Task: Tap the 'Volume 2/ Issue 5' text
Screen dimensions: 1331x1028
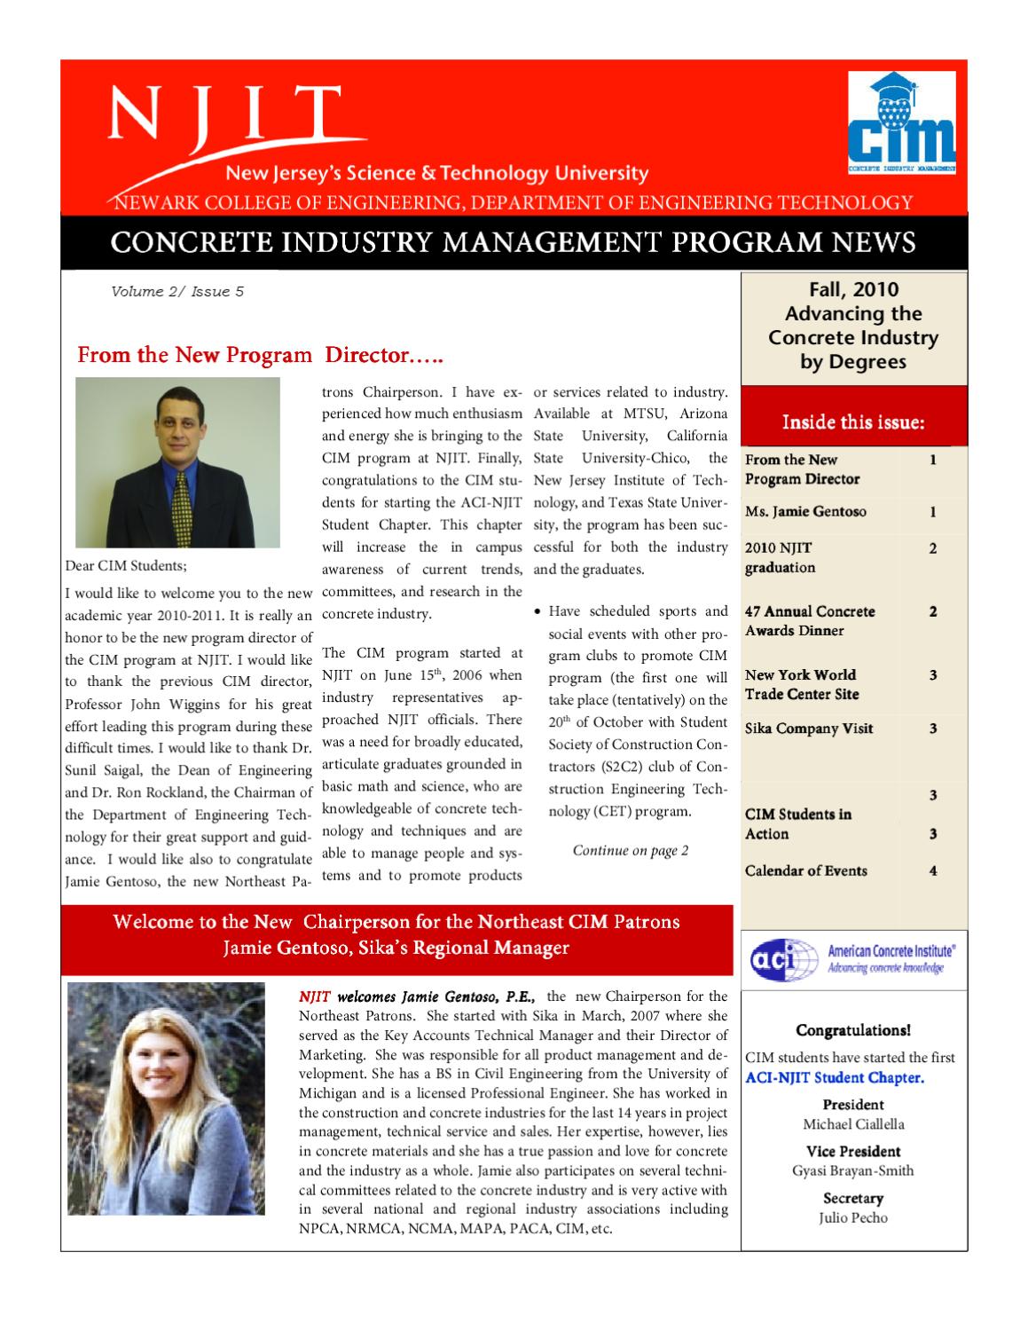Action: pyautogui.click(x=177, y=291)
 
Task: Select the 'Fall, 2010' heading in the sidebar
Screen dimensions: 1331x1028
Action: pyautogui.click(x=853, y=289)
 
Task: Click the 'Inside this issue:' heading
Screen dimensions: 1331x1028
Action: pyautogui.click(x=852, y=422)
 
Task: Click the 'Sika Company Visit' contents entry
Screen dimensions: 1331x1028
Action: pyautogui.click(x=809, y=729)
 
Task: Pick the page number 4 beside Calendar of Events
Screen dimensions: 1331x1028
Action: pyautogui.click(x=933, y=870)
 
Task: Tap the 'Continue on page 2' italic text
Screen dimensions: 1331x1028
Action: pyautogui.click(x=630, y=851)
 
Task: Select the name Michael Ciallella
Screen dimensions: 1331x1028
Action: pyautogui.click(x=852, y=1124)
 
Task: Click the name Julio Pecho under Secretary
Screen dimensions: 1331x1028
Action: pyautogui.click(x=852, y=1217)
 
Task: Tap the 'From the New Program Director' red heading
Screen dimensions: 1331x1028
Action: pyautogui.click(x=260, y=357)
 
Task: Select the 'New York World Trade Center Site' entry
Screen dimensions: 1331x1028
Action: pyautogui.click(x=802, y=684)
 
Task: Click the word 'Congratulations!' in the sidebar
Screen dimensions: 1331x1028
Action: pyautogui.click(x=852, y=1030)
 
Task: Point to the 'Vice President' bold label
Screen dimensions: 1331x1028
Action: pyautogui.click(x=852, y=1151)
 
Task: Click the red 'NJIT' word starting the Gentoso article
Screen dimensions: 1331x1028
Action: pyautogui.click(x=315, y=996)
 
